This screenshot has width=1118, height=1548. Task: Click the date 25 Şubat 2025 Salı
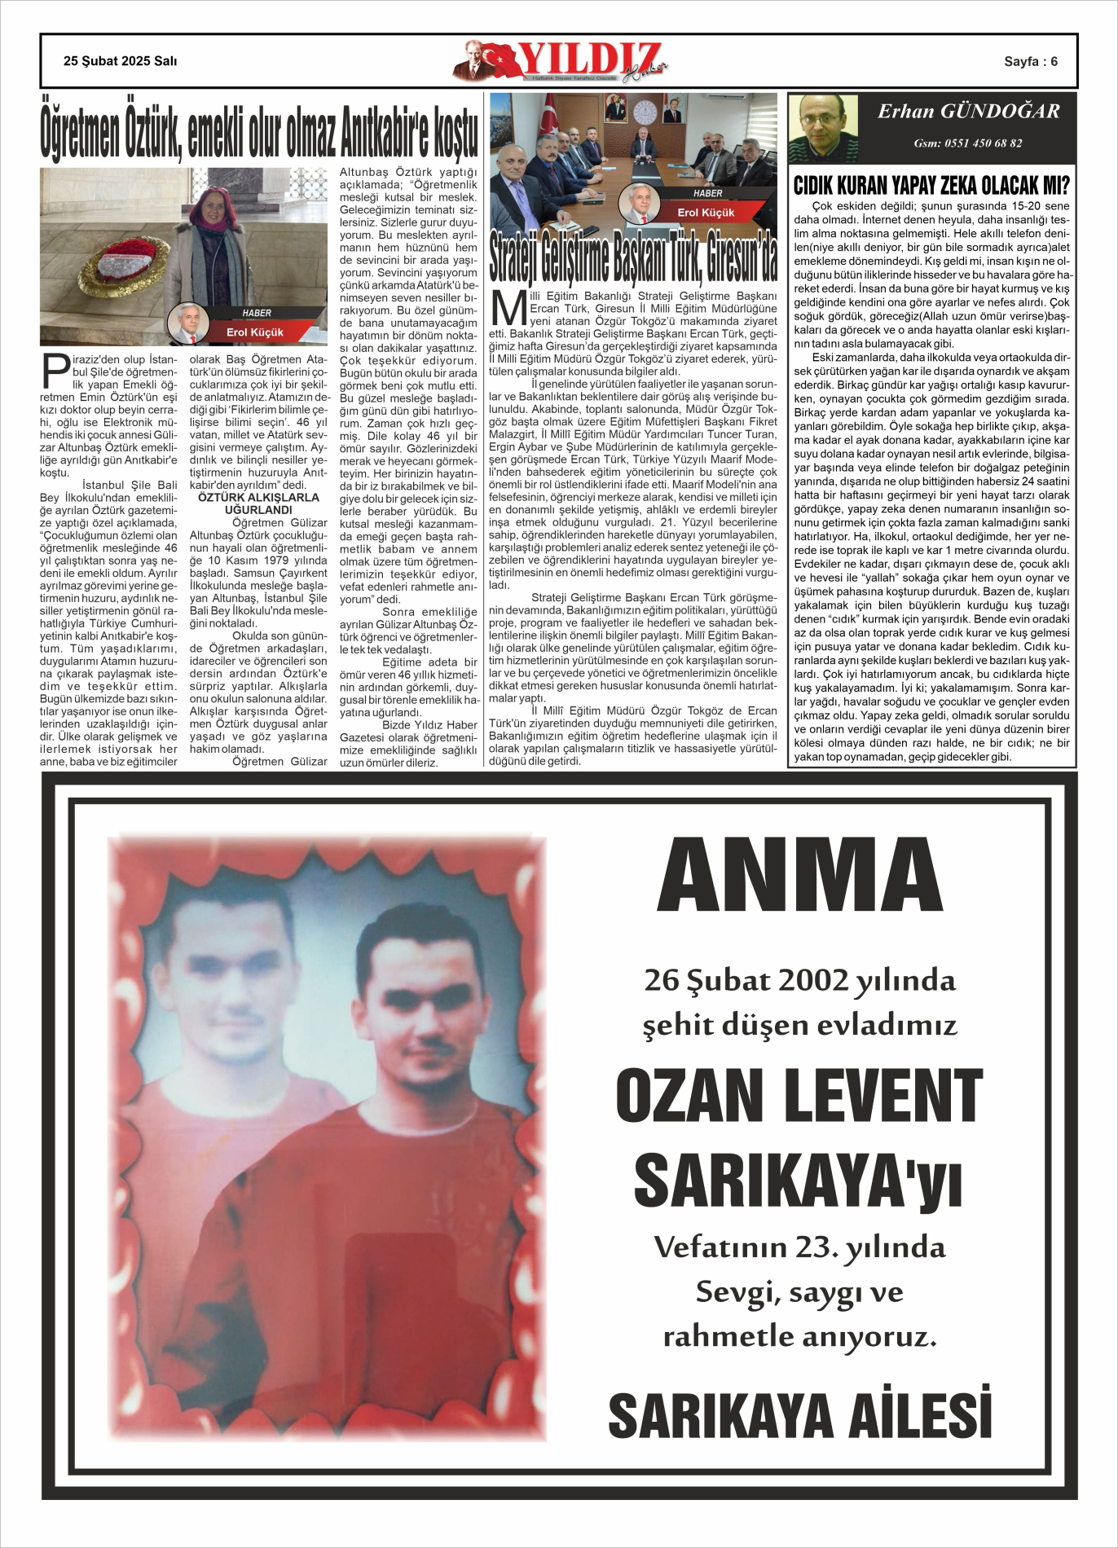click(x=120, y=61)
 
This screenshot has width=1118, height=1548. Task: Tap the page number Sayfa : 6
click(x=1030, y=62)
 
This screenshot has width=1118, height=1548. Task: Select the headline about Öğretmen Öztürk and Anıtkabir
click(x=259, y=131)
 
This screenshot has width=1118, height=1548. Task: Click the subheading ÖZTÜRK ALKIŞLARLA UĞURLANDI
click(x=258, y=504)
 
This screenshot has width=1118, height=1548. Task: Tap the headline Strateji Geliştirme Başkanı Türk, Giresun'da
click(x=633, y=256)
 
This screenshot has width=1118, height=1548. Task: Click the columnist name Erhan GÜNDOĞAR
click(x=968, y=112)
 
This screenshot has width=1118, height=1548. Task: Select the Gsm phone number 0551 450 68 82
click(x=968, y=143)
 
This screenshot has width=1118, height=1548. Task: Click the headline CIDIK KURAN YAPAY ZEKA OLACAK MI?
click(x=931, y=185)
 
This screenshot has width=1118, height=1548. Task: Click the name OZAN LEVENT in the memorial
click(x=799, y=1097)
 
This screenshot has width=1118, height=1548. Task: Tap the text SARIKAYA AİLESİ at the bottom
click(x=799, y=1415)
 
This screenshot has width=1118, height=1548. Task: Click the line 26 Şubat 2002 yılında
click(x=799, y=980)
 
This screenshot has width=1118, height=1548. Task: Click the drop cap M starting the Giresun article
click(x=508, y=309)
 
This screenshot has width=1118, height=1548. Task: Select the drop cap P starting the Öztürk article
click(x=55, y=371)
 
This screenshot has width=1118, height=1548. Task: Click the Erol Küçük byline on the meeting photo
click(x=706, y=213)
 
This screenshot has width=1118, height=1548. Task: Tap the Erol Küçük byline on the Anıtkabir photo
click(x=254, y=332)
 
